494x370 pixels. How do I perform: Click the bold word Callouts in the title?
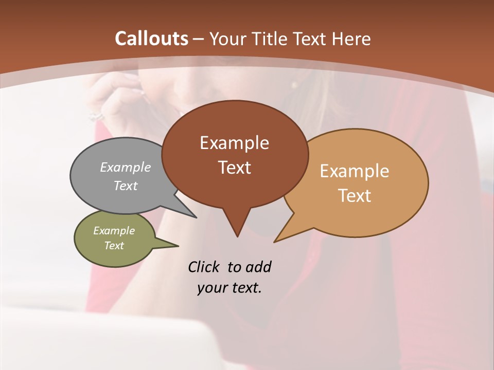coord(152,39)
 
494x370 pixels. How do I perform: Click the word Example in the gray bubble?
coord(126,167)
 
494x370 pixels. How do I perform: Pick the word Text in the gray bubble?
coord(126,186)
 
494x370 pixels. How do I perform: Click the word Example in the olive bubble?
coord(114,231)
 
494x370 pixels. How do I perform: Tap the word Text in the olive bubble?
coord(114,246)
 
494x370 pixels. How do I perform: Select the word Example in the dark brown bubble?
coord(234,143)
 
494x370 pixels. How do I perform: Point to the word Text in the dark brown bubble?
coord(235,168)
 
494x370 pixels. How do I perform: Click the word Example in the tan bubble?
coord(355,171)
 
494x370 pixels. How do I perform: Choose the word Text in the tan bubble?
coord(355,196)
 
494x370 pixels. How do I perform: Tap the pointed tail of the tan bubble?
coord(281,237)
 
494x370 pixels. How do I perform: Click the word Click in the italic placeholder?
coord(204,267)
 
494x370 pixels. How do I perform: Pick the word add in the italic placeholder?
coord(258,267)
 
